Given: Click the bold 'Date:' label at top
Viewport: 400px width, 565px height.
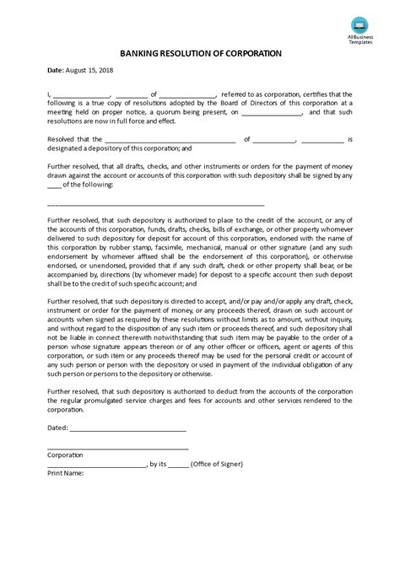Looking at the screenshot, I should pos(56,72).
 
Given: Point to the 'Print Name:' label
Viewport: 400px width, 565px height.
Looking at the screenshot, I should pos(65,473).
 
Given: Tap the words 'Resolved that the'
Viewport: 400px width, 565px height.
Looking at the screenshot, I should pos(73,139).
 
